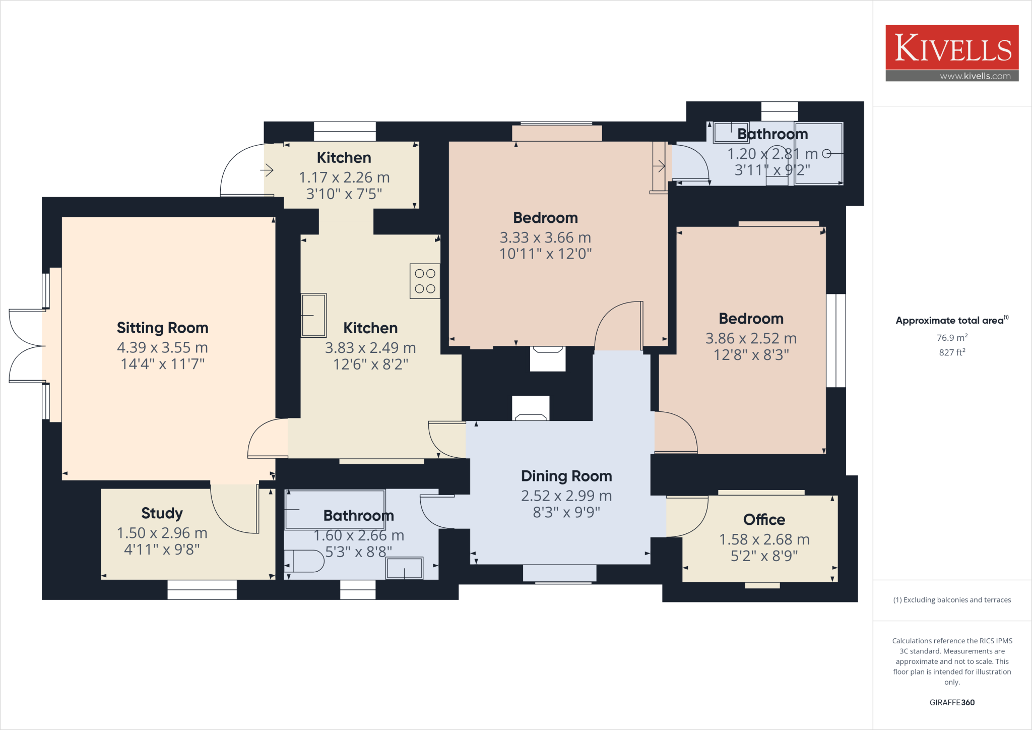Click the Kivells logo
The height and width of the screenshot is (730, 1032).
[952, 48]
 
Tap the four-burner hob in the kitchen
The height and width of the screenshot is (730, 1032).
[425, 281]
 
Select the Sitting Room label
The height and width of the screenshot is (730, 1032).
[162, 328]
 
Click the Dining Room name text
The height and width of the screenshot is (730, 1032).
[566, 476]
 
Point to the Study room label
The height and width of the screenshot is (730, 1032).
[162, 513]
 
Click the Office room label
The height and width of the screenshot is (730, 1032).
[764, 520]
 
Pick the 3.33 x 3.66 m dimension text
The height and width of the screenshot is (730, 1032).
[545, 237]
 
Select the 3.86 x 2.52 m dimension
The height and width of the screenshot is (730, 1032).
[751, 338]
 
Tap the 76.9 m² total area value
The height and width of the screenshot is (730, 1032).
[952, 338]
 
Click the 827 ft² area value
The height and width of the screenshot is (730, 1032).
[952, 352]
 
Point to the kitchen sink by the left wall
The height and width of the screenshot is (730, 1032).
[313, 316]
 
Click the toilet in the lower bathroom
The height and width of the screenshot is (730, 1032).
[305, 561]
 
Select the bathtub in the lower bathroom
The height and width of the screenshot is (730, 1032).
[335, 510]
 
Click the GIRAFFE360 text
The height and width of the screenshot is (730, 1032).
[952, 702]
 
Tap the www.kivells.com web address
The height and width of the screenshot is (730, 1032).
[975, 76]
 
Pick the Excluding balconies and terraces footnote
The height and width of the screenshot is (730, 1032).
[952, 600]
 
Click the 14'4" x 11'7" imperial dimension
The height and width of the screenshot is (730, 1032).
[162, 364]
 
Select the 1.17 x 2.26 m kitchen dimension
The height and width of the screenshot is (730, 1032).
[344, 177]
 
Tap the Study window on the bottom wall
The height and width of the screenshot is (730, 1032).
[202, 589]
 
